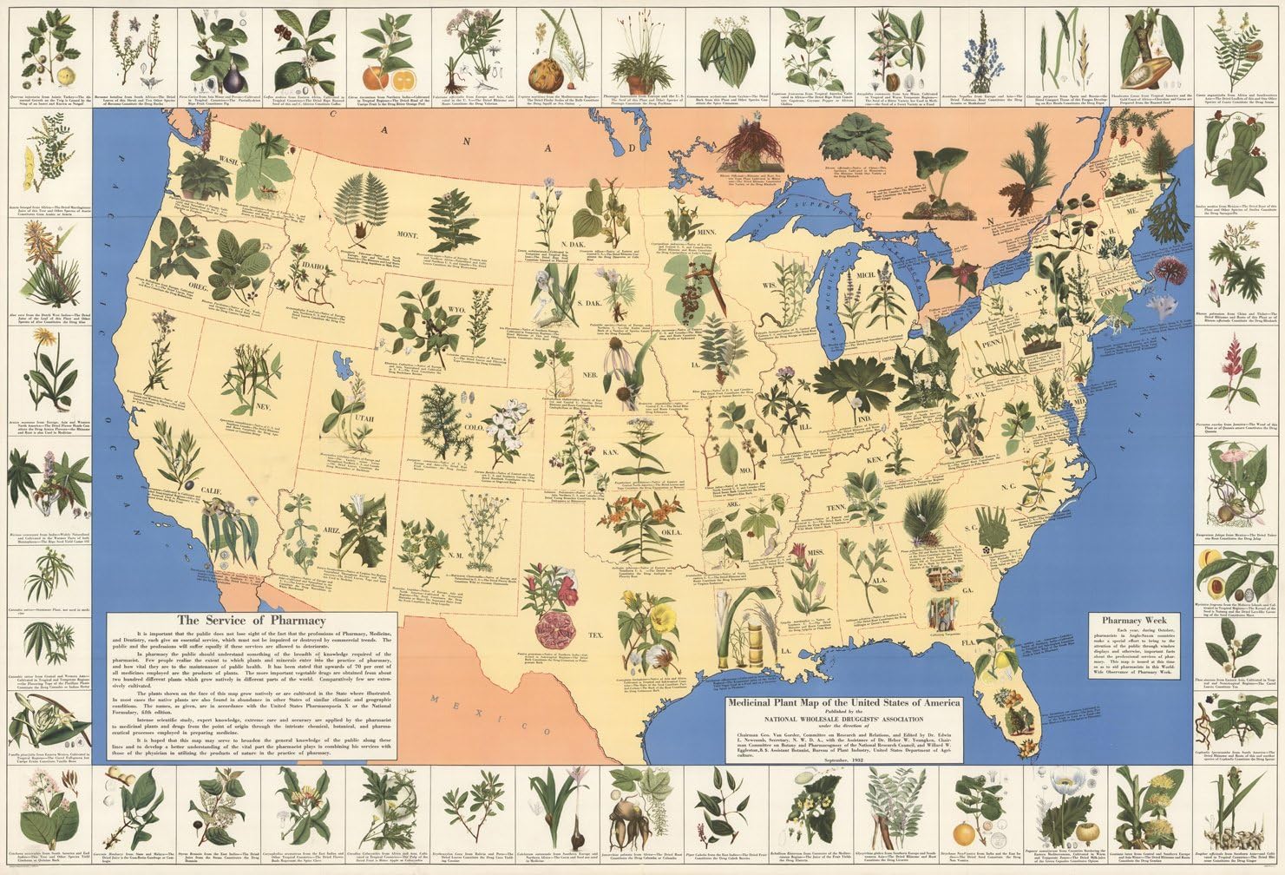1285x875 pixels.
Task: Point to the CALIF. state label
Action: tap(210, 492)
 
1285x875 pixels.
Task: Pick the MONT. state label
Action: tap(410, 234)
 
